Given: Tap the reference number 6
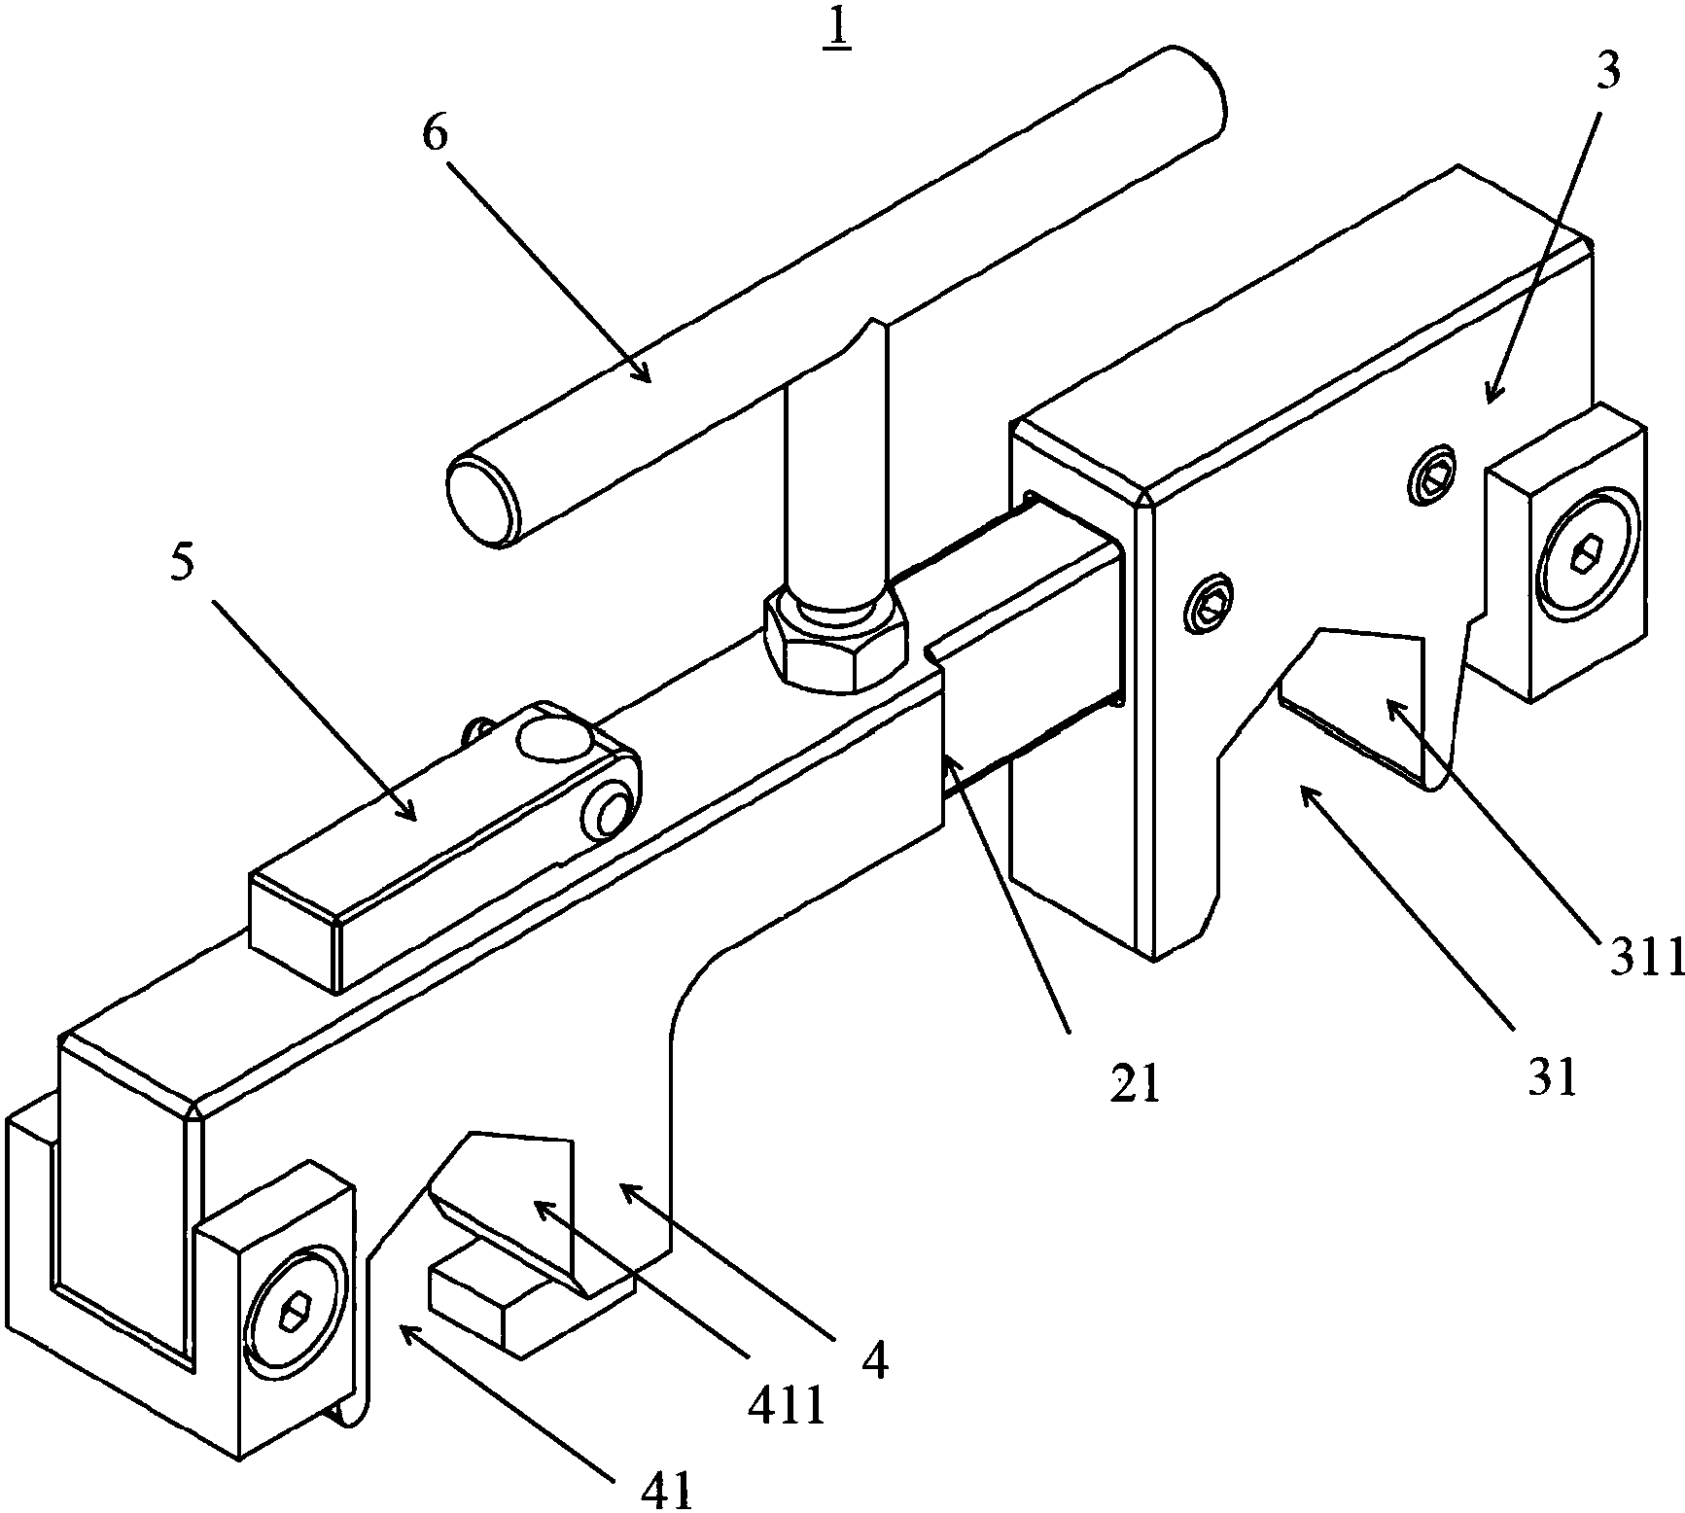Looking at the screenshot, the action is click(x=435, y=136).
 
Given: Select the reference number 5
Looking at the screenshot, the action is click(x=181, y=566).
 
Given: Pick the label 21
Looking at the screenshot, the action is click(x=1136, y=1085).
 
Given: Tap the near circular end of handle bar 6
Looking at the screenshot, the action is click(x=482, y=502).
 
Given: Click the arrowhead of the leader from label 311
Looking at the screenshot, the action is click(x=1390, y=704).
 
